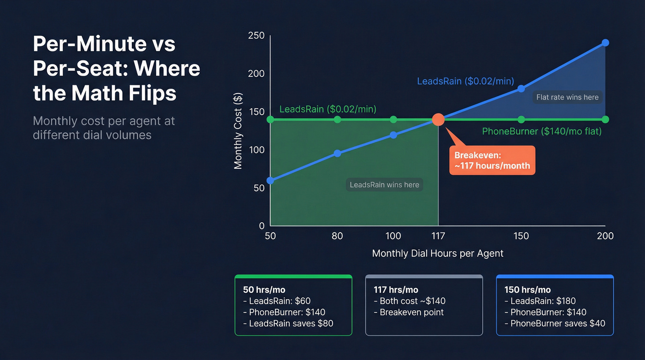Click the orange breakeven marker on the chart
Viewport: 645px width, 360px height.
[x=438, y=120]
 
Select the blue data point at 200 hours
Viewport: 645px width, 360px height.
[x=605, y=43]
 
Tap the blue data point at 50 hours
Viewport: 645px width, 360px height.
[x=270, y=180]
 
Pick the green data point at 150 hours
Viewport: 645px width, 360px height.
[x=521, y=120]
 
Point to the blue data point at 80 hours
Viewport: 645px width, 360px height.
[x=337, y=153]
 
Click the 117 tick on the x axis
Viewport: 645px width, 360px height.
[x=438, y=236]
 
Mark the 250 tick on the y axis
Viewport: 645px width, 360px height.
[x=256, y=35]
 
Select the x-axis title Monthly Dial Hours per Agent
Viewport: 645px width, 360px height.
[x=438, y=254]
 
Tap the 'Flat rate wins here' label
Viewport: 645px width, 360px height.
[x=567, y=97]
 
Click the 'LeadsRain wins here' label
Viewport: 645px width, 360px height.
[x=384, y=185]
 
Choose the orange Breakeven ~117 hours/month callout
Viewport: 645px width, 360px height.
[x=492, y=160]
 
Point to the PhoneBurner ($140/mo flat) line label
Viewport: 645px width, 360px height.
[x=542, y=131]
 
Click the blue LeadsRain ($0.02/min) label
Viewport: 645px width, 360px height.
[x=465, y=81]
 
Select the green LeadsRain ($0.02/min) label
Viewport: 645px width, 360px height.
[x=328, y=109]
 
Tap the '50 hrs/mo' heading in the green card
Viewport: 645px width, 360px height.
[x=264, y=290]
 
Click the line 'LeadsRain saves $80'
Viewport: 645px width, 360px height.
[x=288, y=323]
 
